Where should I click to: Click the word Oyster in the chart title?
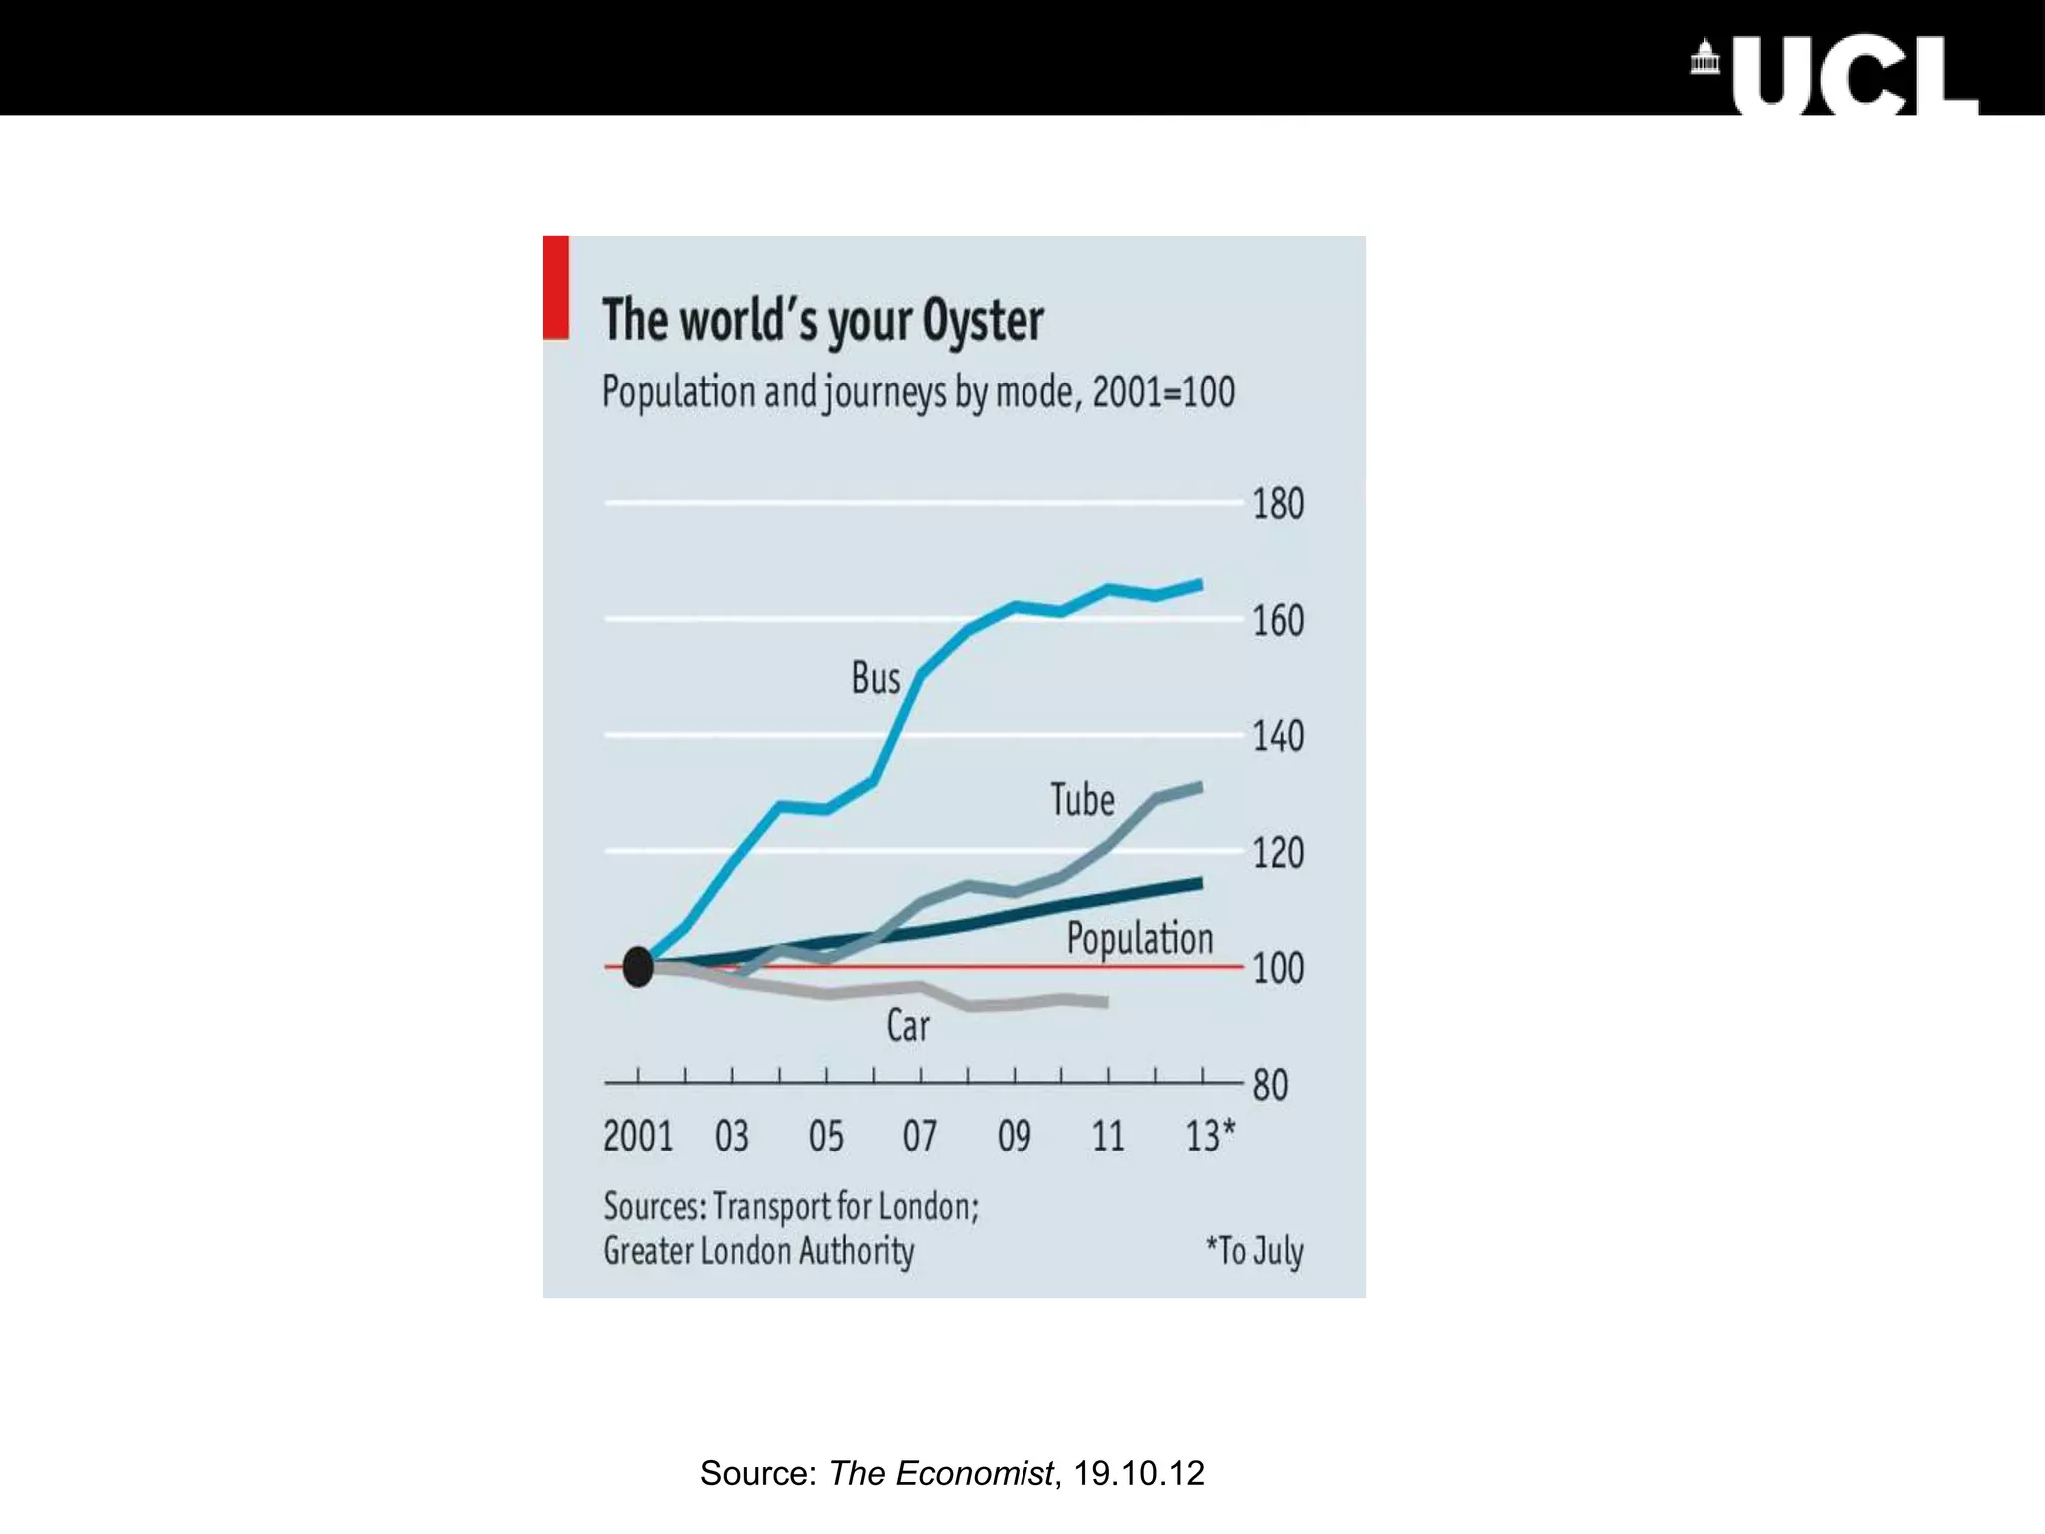[x=983, y=321]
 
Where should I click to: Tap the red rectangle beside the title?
[x=556, y=287]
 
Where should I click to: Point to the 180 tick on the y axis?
[x=1278, y=504]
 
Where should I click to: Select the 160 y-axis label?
[x=1278, y=621]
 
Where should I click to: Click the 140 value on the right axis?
[x=1278, y=737]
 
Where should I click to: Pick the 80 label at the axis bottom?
[x=1270, y=1085]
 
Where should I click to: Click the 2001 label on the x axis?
[x=638, y=1137]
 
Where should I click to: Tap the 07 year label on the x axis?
[x=920, y=1137]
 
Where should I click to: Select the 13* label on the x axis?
[x=1209, y=1137]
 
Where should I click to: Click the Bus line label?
[x=875, y=679]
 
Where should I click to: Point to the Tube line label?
[x=1082, y=800]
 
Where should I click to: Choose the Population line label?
[x=1139, y=939]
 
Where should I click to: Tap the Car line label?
[x=907, y=1026]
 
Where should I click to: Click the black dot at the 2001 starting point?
[x=638, y=967]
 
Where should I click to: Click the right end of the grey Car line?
[x=1106, y=1001]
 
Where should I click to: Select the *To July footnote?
[x=1254, y=1250]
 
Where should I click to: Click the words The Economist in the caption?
[x=941, y=1473]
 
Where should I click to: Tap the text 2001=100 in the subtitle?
[x=1163, y=391]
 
